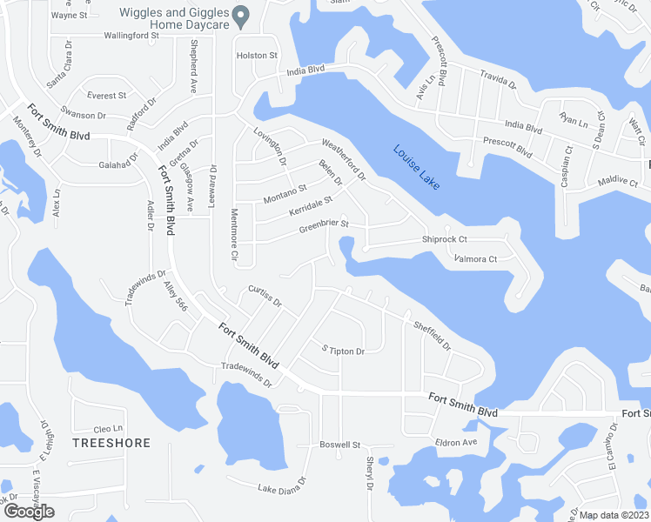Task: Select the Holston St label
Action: [x=257, y=55]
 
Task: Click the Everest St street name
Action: [x=106, y=95]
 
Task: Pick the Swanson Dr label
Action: [x=83, y=115]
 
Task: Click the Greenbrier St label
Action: [x=324, y=227]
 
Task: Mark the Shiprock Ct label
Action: [x=445, y=240]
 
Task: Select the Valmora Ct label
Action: [x=475, y=258]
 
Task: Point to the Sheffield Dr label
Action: [x=432, y=333]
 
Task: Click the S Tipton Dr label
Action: [x=343, y=351]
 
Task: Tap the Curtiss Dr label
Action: [x=265, y=296]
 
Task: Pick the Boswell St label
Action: [x=339, y=445]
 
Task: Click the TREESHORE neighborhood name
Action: [x=111, y=443]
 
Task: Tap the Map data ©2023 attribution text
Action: [x=614, y=515]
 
